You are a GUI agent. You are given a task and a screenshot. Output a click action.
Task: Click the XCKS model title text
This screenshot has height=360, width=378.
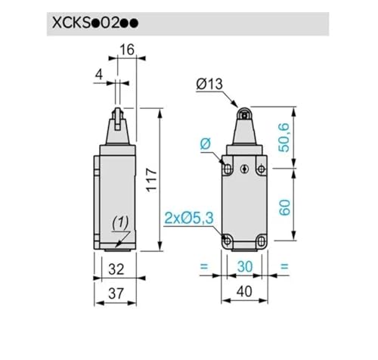(95, 23)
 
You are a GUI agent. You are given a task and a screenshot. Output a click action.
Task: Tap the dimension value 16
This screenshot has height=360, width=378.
(127, 50)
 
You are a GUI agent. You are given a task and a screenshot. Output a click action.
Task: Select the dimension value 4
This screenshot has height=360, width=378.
(99, 75)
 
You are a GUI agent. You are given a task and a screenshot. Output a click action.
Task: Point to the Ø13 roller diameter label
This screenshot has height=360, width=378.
(209, 84)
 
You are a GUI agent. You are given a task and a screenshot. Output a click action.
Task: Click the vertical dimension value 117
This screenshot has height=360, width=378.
(152, 180)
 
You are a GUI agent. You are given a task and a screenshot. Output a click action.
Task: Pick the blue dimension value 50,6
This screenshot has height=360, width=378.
(284, 138)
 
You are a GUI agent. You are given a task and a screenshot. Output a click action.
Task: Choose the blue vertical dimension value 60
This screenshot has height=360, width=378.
(284, 207)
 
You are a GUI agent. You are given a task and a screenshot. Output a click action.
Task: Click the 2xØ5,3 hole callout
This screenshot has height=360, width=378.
(189, 218)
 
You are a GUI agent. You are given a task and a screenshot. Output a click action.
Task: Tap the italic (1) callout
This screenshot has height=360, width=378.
(120, 223)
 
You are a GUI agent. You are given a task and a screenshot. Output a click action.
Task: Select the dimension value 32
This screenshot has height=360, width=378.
(116, 269)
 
